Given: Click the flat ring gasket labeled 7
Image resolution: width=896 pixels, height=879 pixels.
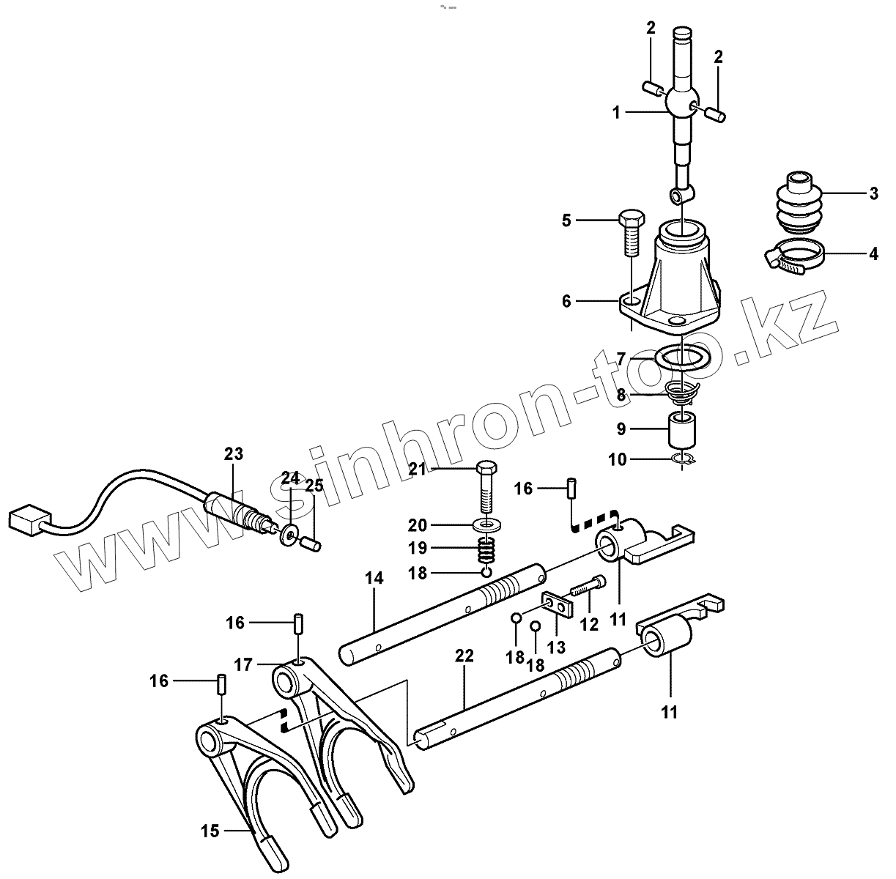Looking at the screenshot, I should tap(684, 359).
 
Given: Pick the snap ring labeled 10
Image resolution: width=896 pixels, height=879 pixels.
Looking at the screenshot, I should tap(684, 459).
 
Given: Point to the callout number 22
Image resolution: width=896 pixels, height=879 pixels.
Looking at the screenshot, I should tap(464, 656).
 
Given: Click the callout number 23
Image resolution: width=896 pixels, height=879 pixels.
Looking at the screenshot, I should tap(233, 454).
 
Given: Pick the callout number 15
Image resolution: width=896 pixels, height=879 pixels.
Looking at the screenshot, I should tap(210, 831).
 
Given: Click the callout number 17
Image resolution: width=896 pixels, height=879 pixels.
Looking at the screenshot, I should tap(244, 665).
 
